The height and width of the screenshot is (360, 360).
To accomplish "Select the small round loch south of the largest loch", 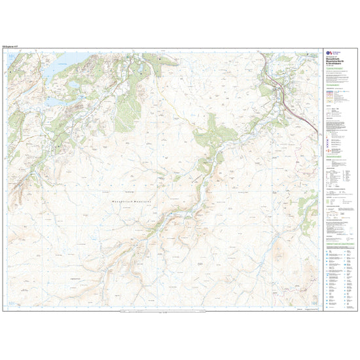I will tap(73, 84).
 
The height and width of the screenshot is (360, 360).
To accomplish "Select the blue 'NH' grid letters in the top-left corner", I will tap(13, 58).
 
